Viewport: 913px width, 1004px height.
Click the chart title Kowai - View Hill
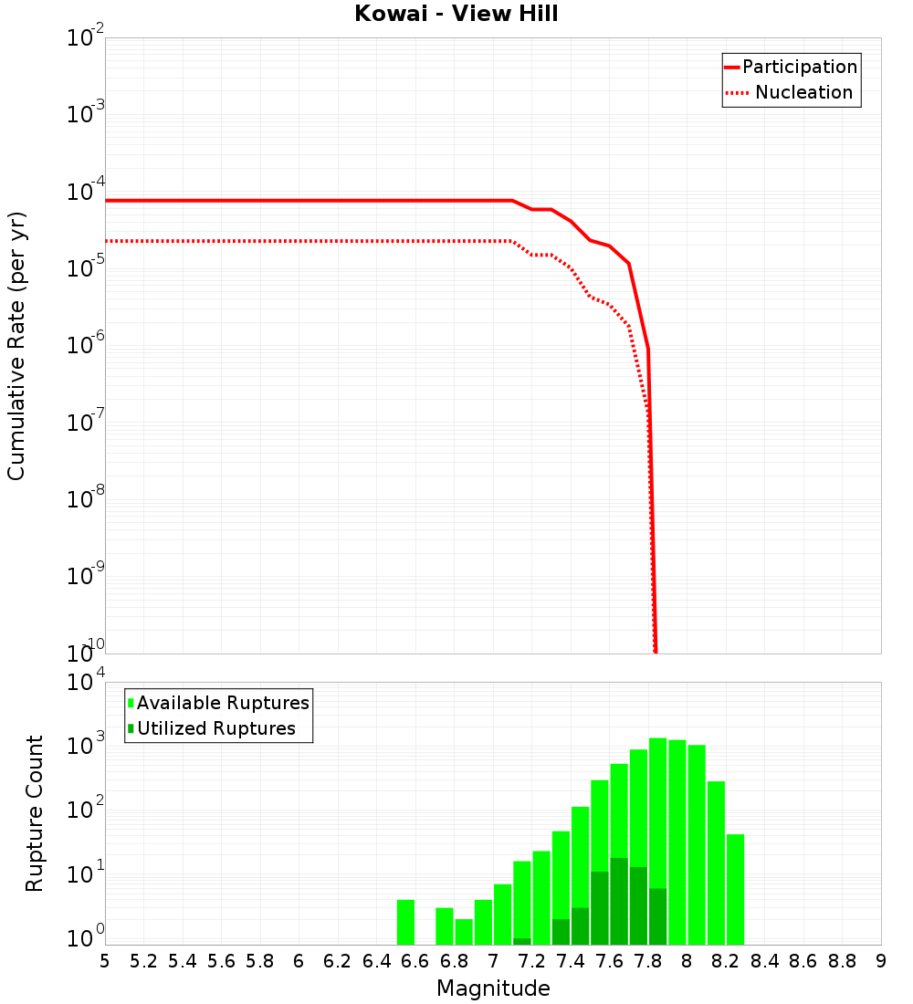pyautogui.click(x=456, y=14)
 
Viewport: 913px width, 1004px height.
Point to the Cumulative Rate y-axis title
pyautogui.click(x=16, y=345)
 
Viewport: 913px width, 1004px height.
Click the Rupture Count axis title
pyautogui.click(x=35, y=813)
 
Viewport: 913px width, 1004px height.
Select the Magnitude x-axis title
pyautogui.click(x=493, y=988)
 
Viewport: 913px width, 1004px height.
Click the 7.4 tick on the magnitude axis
pyautogui.click(x=571, y=961)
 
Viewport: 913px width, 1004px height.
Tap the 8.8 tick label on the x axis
pyautogui.click(x=842, y=961)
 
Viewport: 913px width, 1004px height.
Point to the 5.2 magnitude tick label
pyautogui.click(x=143, y=961)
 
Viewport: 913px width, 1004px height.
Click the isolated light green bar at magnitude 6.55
pyautogui.click(x=405, y=922)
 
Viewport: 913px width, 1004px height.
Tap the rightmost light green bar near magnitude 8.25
pyautogui.click(x=735, y=890)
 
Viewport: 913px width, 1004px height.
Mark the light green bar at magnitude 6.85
pyautogui.click(x=464, y=932)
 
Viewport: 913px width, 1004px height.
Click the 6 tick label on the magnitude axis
pyautogui.click(x=299, y=961)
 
